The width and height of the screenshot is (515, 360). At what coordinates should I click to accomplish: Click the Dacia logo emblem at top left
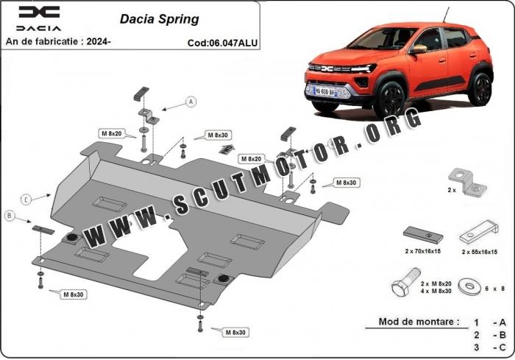[x=39, y=12]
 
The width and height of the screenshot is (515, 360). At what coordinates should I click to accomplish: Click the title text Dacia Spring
[x=158, y=18]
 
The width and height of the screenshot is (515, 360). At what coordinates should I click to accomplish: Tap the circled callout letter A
[x=191, y=102]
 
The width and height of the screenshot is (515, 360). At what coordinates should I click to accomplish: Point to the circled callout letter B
[x=10, y=215]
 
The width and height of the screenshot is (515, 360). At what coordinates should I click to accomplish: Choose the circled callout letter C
[x=26, y=199]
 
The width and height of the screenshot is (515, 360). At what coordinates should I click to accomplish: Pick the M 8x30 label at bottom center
[x=235, y=333]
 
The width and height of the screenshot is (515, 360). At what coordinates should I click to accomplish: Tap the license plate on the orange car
[x=324, y=91]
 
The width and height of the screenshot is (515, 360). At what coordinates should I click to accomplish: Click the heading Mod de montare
[x=418, y=322]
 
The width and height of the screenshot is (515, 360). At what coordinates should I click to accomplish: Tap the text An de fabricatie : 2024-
[x=58, y=42]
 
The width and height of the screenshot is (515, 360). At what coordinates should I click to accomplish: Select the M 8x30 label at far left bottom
[x=73, y=294]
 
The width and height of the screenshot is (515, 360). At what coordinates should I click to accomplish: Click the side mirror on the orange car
[x=419, y=49]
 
